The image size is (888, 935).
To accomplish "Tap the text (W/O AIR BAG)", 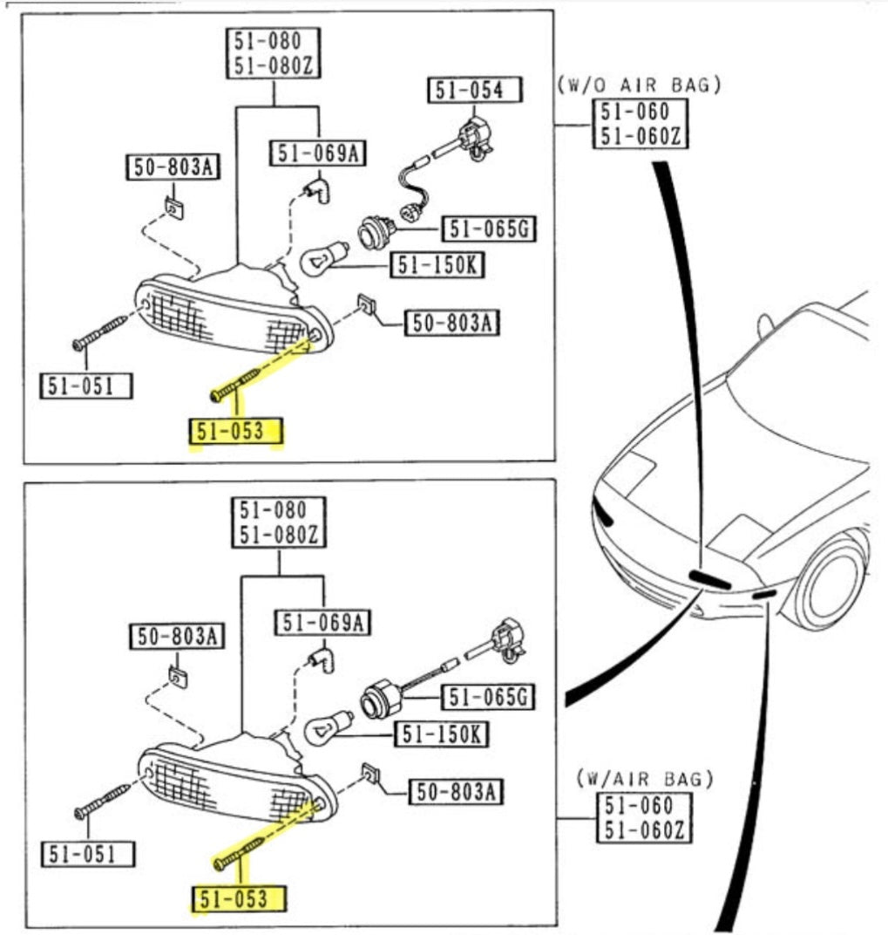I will click(639, 85).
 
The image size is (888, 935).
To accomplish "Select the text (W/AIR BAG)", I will click(645, 777).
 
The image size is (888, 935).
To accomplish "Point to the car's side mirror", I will click(766, 325).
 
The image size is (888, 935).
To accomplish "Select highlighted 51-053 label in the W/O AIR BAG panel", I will click(235, 431).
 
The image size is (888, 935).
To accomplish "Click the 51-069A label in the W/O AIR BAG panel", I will click(317, 154).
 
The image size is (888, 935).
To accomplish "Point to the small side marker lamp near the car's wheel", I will click(765, 594).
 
